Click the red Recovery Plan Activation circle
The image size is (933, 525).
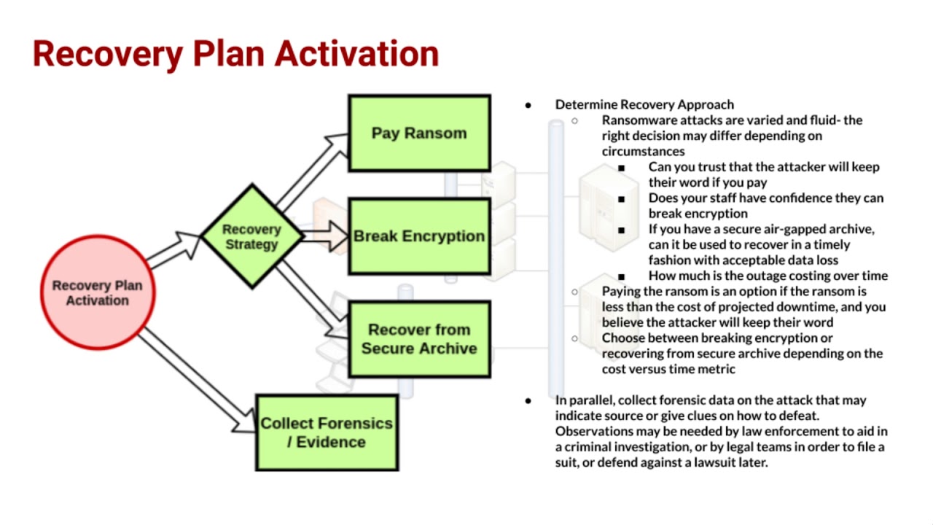[97, 293]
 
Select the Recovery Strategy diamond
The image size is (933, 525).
[251, 237]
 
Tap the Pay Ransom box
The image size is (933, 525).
[419, 133]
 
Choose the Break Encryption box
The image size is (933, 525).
[419, 236]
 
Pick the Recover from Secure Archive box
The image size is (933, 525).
[419, 339]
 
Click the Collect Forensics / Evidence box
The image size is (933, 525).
[327, 432]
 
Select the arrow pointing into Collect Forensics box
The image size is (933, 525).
[197, 379]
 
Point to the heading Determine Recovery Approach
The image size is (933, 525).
[644, 104]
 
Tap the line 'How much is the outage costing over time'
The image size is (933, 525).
[768, 276]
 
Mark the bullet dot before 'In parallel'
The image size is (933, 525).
[528, 400]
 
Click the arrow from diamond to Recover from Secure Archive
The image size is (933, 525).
[310, 292]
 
